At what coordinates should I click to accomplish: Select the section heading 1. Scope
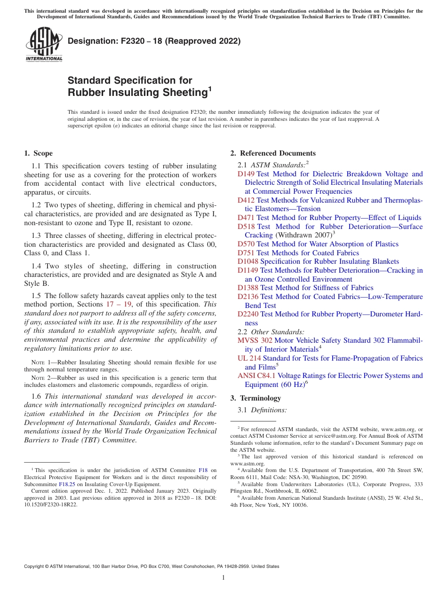click(38, 153)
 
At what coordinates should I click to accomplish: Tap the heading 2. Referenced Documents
click(273, 153)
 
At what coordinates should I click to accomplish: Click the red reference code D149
click(246, 174)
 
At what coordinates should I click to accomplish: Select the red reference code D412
click(246, 200)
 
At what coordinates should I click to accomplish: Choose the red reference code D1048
click(248, 261)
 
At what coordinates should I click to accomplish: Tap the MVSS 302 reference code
click(255, 340)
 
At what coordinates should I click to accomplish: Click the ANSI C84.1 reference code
click(256, 376)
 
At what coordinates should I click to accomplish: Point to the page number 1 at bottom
click(223, 578)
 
